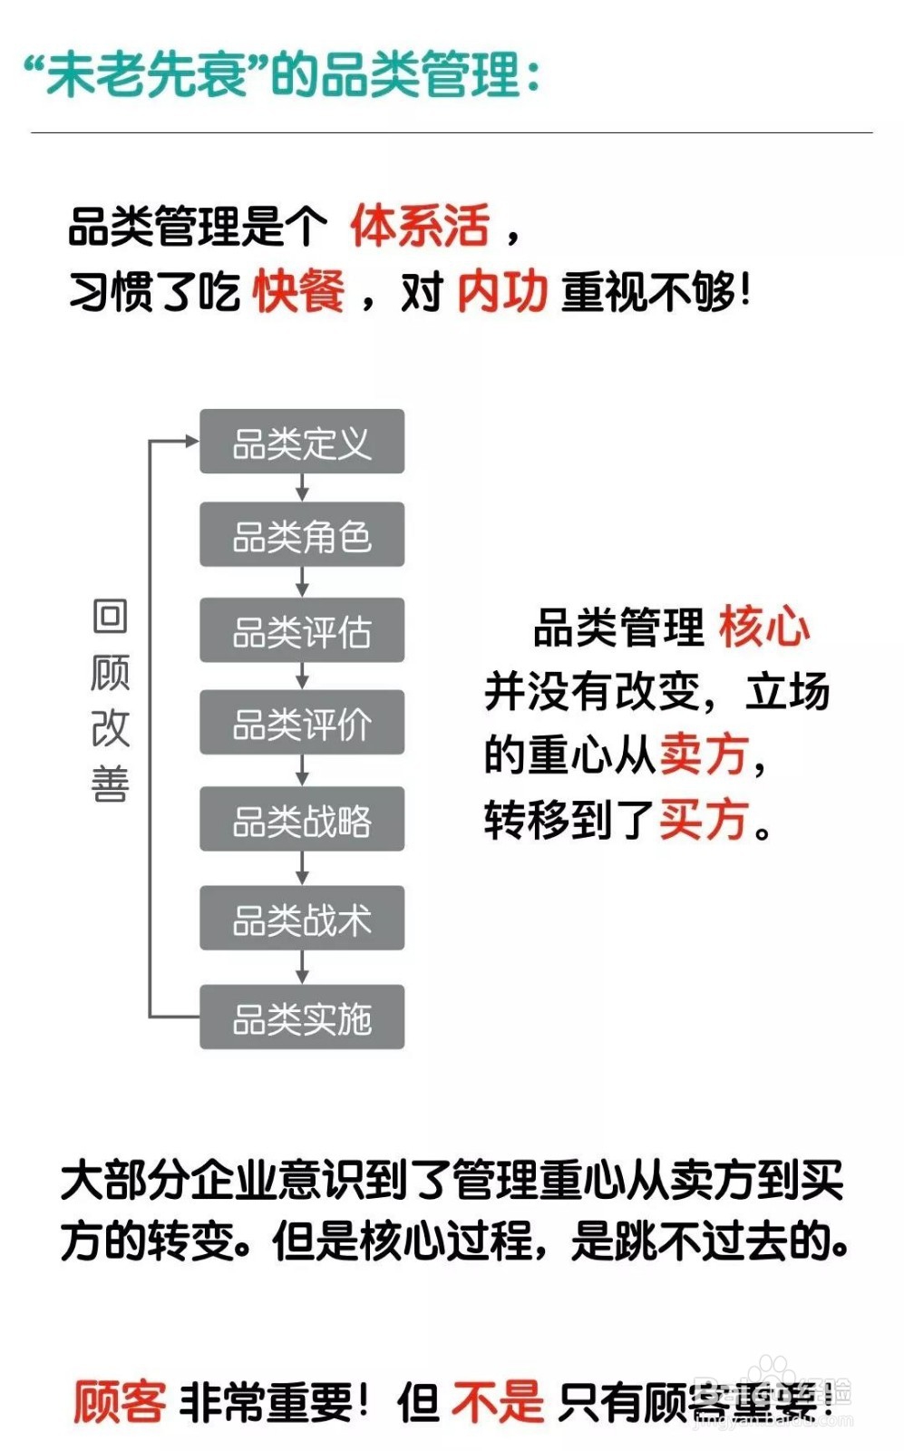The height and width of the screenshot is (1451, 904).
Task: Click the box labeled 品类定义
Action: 302,442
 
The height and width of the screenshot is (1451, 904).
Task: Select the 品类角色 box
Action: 302,535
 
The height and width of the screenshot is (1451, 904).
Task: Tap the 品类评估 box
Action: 302,630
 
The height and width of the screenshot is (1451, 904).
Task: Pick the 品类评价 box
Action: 302,723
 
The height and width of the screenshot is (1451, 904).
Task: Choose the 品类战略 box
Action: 302,820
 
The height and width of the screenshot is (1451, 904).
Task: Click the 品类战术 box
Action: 302,918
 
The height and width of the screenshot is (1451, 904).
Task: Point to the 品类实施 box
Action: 302,1018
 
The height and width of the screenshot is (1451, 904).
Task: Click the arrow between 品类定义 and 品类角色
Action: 302,488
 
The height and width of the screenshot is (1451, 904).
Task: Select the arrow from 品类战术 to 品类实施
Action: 302,968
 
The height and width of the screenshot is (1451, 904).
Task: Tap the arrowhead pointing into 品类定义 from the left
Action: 191,442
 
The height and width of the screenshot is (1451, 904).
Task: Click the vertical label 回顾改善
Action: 111,699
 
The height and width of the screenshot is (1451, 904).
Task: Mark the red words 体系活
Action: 420,226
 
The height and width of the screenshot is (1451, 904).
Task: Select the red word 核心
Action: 763,627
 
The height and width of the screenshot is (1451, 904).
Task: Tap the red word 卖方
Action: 704,754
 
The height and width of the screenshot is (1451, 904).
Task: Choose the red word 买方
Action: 704,819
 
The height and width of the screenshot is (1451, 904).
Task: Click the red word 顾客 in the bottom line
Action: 120,1402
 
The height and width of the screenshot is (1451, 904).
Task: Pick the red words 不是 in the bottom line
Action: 497,1402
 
